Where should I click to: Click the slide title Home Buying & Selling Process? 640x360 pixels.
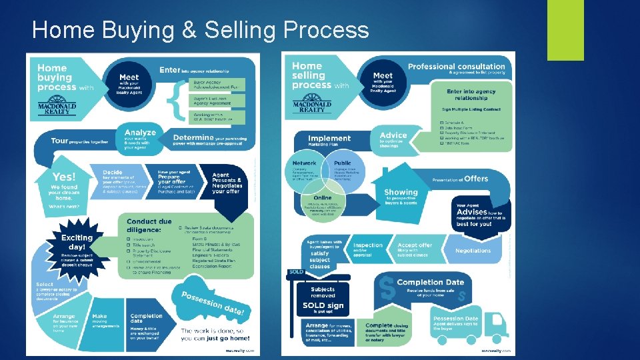point(200,30)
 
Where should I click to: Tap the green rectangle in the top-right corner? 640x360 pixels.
point(565,29)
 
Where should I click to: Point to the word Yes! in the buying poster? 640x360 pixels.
point(64,177)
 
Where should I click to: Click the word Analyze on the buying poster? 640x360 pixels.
point(139,132)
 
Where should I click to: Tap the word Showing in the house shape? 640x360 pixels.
point(401,192)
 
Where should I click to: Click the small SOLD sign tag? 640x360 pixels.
point(295,273)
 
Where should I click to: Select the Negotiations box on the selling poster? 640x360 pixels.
point(473,251)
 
